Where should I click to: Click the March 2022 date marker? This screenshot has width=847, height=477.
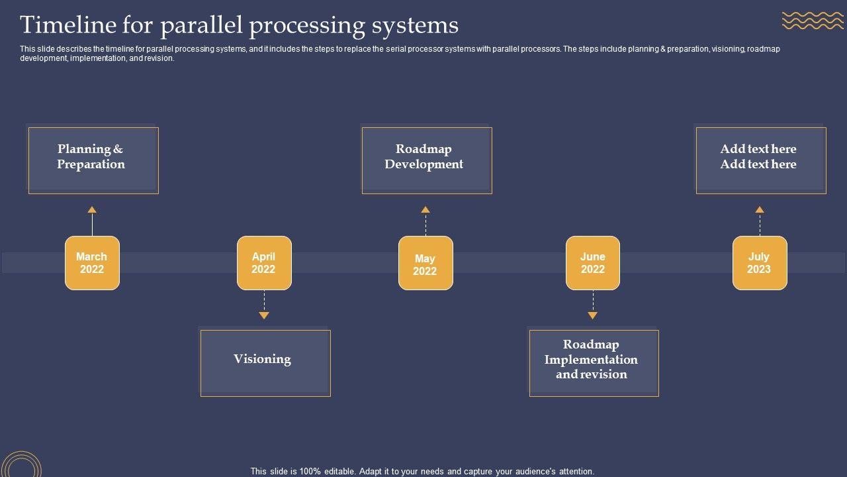92,263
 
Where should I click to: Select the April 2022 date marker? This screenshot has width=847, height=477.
264,263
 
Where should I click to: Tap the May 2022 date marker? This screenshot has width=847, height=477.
425,263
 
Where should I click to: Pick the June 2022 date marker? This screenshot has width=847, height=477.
593,263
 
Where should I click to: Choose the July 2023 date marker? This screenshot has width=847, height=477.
760,263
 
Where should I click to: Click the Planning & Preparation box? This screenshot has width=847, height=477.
93,160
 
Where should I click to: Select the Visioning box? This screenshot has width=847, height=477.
265,363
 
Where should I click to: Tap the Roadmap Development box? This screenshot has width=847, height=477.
426,160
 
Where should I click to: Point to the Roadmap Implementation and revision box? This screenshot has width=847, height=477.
594,363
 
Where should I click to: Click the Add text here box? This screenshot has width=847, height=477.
760,160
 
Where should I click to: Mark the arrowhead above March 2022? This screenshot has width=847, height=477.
92,210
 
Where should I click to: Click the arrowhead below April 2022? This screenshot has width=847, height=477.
264,315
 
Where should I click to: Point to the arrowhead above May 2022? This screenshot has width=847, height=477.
425,210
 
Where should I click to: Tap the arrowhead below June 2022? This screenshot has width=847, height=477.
593,315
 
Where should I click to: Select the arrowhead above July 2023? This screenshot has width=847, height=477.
760,210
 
